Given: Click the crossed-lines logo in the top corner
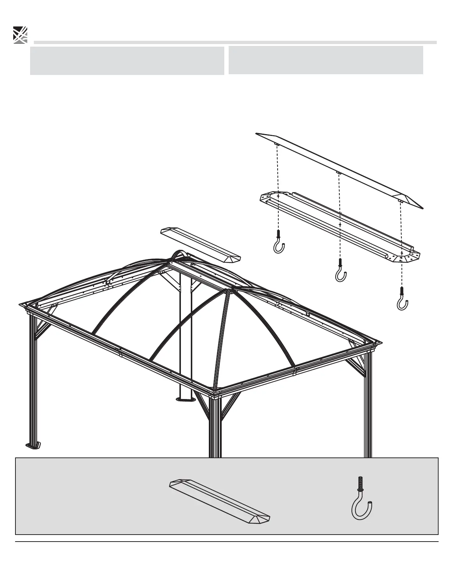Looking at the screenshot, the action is pyautogui.click(x=20, y=35).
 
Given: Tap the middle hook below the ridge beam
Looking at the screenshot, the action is pyautogui.click(x=341, y=272).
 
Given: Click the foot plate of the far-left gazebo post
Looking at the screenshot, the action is pyautogui.click(x=33, y=446).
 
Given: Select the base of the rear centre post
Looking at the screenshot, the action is pyautogui.click(x=186, y=398).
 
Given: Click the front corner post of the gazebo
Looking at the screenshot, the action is pyautogui.click(x=215, y=426).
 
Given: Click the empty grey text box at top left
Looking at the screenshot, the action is pyautogui.click(x=127, y=61).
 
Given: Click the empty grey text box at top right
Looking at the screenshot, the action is pyautogui.click(x=325, y=60).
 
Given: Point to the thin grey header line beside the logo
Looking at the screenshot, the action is pyautogui.click(x=235, y=42).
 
